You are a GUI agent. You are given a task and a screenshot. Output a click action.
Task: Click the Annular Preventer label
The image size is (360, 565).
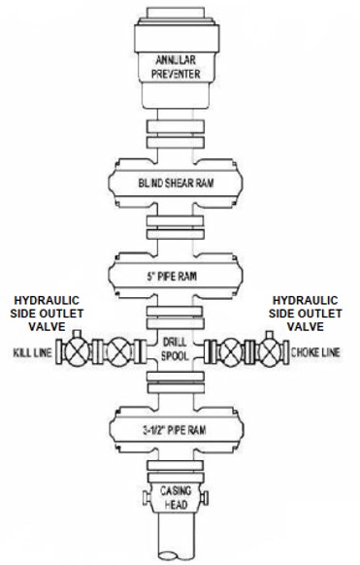176,67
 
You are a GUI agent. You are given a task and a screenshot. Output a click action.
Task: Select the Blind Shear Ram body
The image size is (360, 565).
176,183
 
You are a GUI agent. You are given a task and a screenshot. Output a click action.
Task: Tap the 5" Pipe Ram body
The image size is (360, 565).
176,276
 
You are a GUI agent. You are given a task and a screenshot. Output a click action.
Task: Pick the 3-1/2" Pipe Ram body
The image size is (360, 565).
177,429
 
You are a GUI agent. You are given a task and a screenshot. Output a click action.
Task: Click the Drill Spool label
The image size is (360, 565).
175,349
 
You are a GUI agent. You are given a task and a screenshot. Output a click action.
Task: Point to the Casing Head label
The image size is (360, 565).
176,497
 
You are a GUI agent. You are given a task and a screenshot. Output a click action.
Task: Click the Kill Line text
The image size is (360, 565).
32,352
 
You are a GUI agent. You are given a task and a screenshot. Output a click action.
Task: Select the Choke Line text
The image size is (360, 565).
315,352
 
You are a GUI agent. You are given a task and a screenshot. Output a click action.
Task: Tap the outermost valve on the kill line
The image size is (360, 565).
77,351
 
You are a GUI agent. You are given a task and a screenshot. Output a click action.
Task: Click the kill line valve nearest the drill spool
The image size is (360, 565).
118,351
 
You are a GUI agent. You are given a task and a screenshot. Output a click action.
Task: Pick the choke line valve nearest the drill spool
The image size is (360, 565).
231,351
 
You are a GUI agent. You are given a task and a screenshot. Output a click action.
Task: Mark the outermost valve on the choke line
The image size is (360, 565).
270,351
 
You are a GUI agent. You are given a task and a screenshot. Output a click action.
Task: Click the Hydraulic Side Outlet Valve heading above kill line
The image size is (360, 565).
47,314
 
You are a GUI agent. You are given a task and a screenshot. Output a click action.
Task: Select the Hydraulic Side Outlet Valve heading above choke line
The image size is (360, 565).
306,314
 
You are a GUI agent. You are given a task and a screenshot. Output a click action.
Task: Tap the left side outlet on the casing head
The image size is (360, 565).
147,498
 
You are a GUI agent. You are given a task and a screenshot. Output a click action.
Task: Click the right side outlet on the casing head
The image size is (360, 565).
204,498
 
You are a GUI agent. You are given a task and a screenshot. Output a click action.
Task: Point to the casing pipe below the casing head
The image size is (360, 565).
177,536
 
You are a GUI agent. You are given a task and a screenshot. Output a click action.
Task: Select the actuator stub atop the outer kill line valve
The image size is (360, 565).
77,334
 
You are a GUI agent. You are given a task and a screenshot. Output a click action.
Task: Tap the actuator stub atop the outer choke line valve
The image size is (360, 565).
270,335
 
